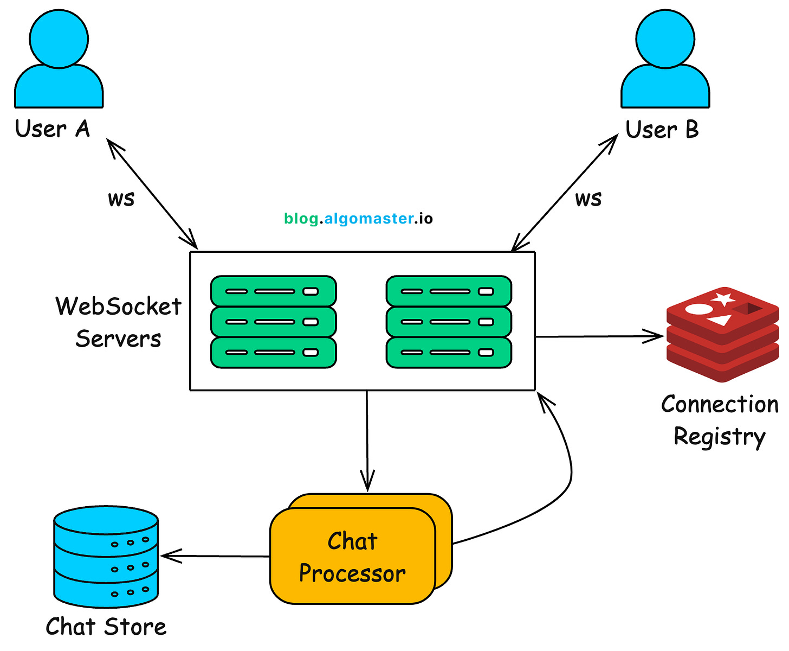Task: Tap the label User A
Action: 52,130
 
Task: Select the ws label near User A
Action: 121,199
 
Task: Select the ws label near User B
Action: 588,199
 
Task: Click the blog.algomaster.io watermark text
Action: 358,219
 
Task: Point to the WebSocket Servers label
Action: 118,322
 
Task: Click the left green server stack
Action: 273,322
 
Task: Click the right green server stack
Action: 449,322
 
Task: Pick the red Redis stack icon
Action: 722,334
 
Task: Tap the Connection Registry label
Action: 720,420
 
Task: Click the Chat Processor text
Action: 352,558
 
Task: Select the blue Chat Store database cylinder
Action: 106,557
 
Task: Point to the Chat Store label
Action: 106,627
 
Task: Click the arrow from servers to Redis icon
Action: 599,336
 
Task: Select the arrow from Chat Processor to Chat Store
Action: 217,556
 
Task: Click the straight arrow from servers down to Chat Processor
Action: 367,439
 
